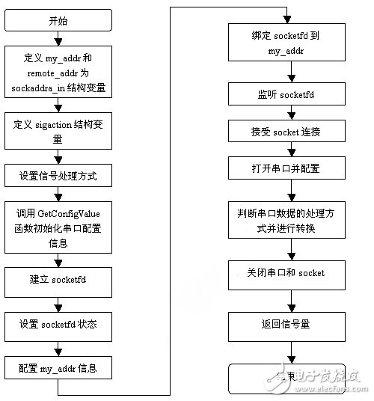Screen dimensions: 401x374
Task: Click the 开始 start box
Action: (x=58, y=21)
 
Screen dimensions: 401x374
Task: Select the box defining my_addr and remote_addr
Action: (x=58, y=74)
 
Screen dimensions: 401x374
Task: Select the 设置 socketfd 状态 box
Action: (x=58, y=327)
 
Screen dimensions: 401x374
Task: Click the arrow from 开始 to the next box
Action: (x=58, y=39)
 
